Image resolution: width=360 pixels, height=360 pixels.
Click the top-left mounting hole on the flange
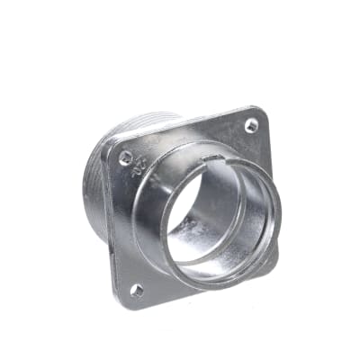125,157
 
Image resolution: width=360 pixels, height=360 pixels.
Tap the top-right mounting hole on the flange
251,126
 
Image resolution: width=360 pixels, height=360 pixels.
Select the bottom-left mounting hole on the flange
137,290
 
